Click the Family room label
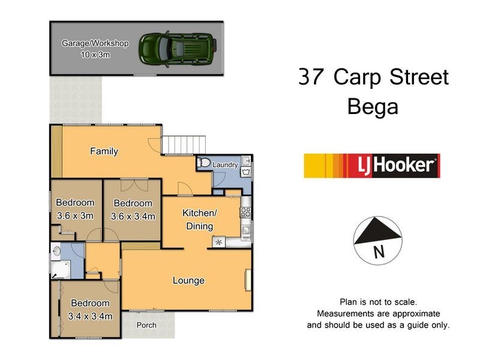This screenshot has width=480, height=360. pyautogui.click(x=104, y=151)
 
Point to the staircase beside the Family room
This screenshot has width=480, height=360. pyautogui.click(x=185, y=145)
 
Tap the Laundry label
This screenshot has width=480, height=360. pyautogui.click(x=227, y=164)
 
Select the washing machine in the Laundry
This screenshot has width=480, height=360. pyautogui.click(x=246, y=172)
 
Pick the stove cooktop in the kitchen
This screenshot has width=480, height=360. pyautogui.click(x=245, y=211)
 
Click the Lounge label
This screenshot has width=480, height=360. pyautogui.click(x=188, y=280)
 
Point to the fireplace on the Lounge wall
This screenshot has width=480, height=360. pyautogui.click(x=247, y=281)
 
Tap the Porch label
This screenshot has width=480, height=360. pyautogui.click(x=146, y=325)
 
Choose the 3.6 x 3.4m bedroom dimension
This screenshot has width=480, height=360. pyautogui.click(x=133, y=216)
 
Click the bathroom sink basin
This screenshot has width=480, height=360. pyautogui.click(x=56, y=251)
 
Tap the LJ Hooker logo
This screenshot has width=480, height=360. pyautogui.click(x=372, y=166)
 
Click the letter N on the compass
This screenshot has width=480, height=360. pyautogui.click(x=378, y=253)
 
